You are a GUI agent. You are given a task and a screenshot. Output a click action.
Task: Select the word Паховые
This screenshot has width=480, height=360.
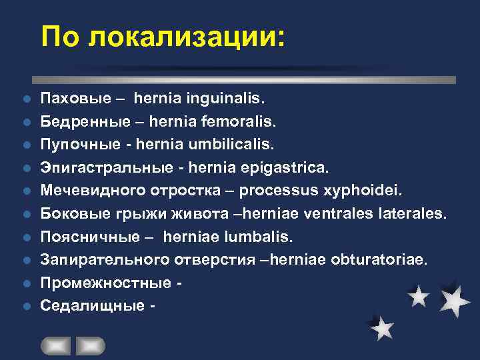click(x=74, y=99)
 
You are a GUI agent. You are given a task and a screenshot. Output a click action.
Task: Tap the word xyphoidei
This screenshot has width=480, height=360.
click(x=363, y=191)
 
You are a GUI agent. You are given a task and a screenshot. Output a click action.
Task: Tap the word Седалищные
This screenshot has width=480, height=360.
click(x=92, y=306)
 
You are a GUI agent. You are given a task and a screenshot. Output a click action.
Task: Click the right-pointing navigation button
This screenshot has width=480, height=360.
click(x=90, y=346)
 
